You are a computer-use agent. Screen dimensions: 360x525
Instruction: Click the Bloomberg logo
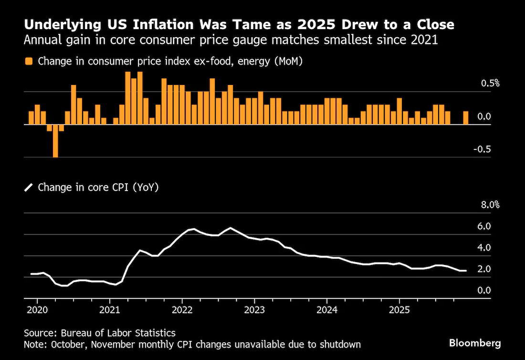(475, 343)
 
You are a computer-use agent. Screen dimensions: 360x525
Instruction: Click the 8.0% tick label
(490, 205)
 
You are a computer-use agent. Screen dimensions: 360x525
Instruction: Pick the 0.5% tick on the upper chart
(490, 84)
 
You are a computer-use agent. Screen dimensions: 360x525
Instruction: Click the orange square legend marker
(29, 61)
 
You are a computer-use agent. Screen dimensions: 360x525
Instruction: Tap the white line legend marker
(29, 188)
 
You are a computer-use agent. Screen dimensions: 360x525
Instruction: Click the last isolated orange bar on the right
(465, 117)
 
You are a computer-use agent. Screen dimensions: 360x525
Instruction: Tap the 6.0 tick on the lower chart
(492, 226)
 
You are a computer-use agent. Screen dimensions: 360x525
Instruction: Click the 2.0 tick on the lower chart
(492, 269)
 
